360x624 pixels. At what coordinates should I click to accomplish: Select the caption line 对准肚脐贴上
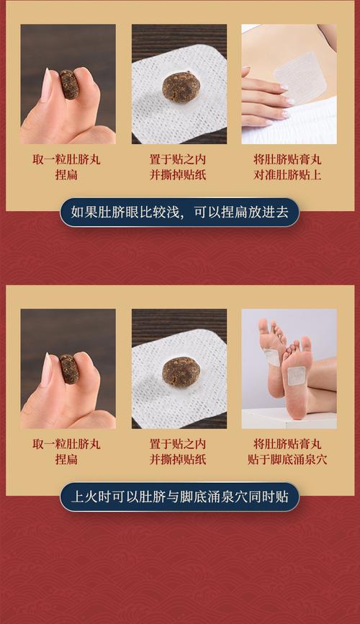tap(289, 175)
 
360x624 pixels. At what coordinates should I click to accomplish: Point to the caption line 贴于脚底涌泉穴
tap(289, 460)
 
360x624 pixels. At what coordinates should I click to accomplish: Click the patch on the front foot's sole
tap(296, 375)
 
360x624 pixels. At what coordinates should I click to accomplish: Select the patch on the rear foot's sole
tap(271, 357)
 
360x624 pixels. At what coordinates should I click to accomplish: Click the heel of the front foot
tap(297, 409)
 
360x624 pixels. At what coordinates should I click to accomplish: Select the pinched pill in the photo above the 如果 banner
tap(69, 84)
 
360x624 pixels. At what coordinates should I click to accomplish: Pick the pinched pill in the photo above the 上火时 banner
tap(69, 368)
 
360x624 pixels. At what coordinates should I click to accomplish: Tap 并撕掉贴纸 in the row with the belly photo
tap(178, 175)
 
